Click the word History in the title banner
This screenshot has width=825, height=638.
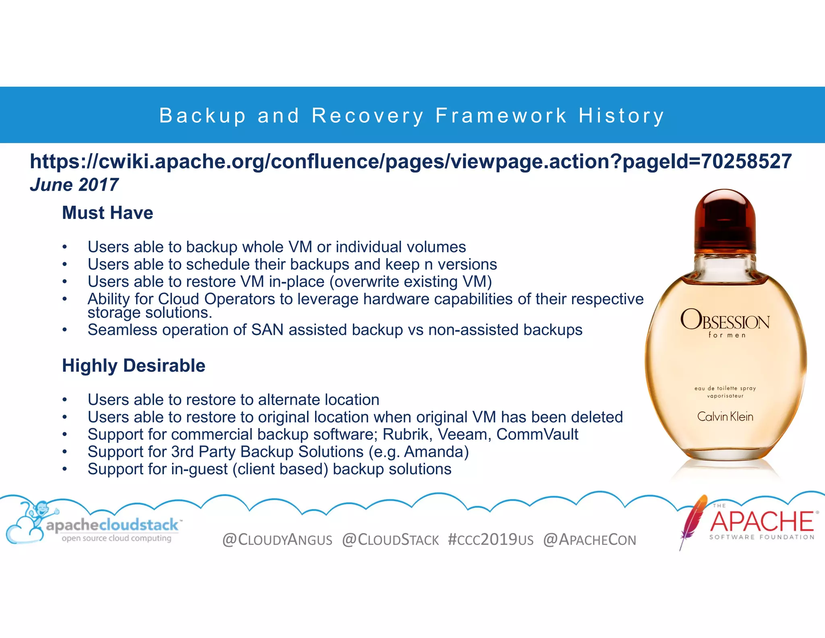[621, 116]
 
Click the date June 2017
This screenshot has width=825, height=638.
[74, 185]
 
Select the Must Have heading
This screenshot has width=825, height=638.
[108, 213]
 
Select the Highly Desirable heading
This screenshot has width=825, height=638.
[133, 365]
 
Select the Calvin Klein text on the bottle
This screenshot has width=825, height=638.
[725, 417]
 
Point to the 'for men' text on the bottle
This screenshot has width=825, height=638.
[727, 335]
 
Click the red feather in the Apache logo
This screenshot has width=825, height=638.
[693, 520]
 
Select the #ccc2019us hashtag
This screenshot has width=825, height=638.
[490, 540]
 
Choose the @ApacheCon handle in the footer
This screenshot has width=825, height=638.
[589, 540]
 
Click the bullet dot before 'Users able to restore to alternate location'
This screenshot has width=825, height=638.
[64, 400]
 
